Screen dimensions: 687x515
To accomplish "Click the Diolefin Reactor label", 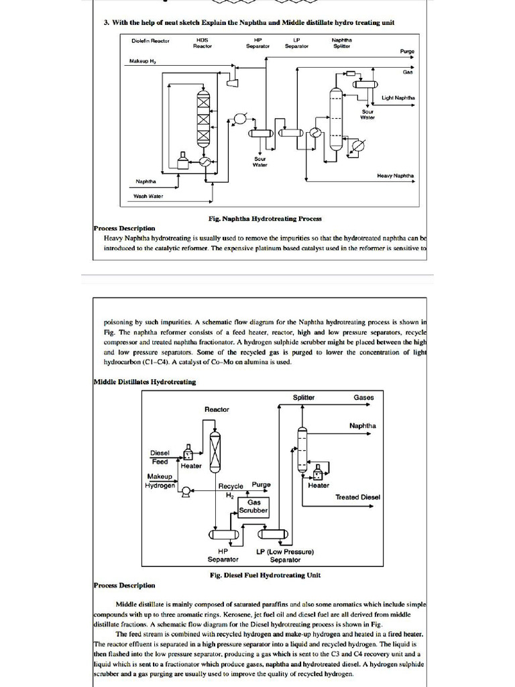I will (150, 41).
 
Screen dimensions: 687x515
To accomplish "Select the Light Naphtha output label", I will (398, 98).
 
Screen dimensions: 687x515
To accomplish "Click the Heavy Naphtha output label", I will (396, 176).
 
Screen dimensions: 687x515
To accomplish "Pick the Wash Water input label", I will (148, 196).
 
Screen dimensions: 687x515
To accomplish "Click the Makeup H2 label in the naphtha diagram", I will (142, 61).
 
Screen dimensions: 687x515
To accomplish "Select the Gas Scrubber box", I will (254, 506).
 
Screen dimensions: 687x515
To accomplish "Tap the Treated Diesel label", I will (357, 497).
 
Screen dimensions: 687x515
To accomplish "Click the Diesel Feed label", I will (160, 457).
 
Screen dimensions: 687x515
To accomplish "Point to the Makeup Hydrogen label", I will (160, 481).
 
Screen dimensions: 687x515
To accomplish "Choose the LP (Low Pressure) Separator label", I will (285, 556).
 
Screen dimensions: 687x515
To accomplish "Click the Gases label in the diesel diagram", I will (363, 397).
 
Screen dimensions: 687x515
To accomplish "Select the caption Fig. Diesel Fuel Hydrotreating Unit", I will (265, 575).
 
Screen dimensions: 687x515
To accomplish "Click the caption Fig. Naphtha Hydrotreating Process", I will (265, 218).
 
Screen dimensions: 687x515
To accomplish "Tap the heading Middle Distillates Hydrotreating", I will (145, 382).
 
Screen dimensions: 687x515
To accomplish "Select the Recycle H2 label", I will (230, 490).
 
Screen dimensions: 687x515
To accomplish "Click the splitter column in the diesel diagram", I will (302, 448).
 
